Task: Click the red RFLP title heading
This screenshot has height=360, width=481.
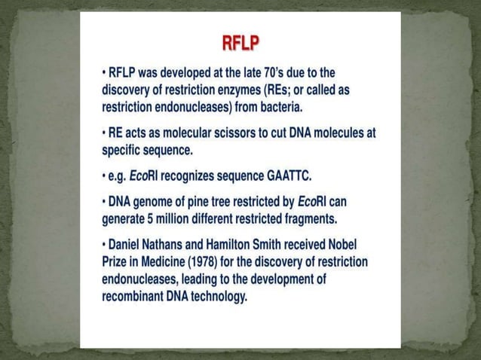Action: [240, 44]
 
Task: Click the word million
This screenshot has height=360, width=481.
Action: [173, 218]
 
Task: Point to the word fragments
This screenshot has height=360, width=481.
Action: [305, 218]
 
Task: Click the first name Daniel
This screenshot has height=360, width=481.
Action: [130, 245]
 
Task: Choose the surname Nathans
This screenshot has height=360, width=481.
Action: [180, 245]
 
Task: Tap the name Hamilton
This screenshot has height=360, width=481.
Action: [260, 245]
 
